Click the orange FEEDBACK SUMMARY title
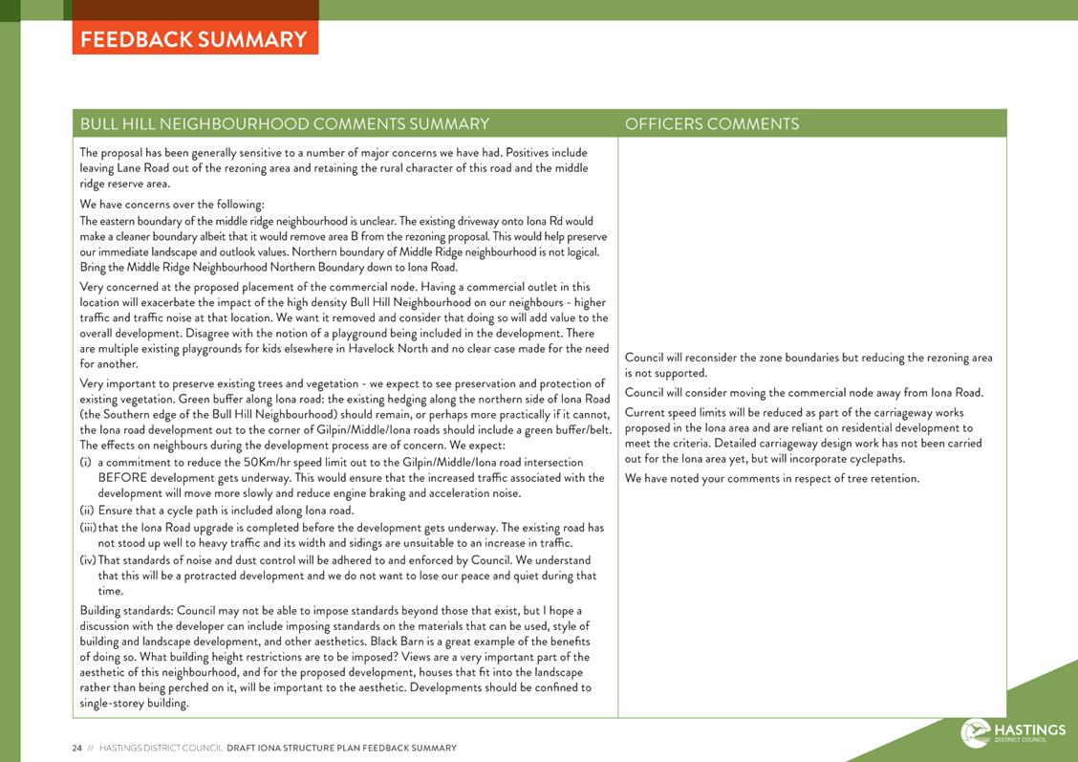[194, 39]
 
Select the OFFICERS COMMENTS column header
[711, 124]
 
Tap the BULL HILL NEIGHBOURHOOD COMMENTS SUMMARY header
[285, 124]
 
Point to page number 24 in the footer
[76, 749]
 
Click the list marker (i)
[86, 462]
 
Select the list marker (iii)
[88, 528]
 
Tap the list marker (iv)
[88, 560]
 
